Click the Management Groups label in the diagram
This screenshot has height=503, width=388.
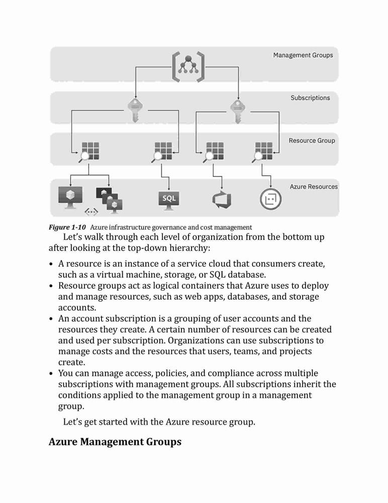[x=303, y=55]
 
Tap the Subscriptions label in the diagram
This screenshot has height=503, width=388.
[x=310, y=98]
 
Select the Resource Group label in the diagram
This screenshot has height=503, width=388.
[x=312, y=140]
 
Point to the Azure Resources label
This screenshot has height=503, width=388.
[x=314, y=187]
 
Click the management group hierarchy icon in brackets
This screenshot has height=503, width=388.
[x=188, y=67]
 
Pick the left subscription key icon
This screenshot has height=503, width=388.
[x=135, y=111]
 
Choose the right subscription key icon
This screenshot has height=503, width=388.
[x=238, y=112]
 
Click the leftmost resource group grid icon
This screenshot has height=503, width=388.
[x=89, y=152]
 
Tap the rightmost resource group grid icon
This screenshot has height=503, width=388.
[x=262, y=152]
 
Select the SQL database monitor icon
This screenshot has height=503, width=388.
[x=169, y=201]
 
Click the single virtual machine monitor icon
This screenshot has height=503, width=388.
[x=70, y=197]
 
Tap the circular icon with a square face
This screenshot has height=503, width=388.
[x=270, y=199]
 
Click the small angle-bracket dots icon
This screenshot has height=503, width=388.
[x=91, y=212]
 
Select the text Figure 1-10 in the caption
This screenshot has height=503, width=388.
[x=67, y=227]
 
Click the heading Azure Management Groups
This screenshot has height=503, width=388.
[x=115, y=442]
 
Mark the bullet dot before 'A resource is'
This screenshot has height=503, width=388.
[x=51, y=264]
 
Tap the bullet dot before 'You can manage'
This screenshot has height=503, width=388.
[x=51, y=374]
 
